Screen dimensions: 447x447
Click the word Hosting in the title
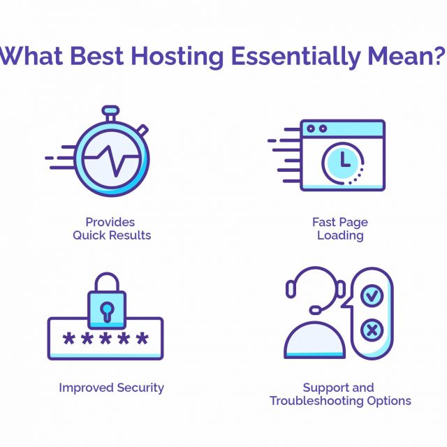177,57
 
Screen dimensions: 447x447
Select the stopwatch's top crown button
110,110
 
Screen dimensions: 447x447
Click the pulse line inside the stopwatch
112,159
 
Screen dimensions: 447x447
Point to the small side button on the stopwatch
142,130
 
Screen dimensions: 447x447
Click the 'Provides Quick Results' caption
112,228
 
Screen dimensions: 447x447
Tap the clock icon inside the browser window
343,163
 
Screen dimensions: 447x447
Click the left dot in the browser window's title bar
311,129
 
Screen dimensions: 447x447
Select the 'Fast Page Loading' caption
340,228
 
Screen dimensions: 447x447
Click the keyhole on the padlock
107,312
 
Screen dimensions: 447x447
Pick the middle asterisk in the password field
105,338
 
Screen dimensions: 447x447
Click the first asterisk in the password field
69,338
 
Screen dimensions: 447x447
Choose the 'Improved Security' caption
112,388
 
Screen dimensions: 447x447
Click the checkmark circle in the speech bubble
372,295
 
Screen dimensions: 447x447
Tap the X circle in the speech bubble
372,330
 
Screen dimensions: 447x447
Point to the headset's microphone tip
315,309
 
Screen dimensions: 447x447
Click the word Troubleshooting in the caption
316,401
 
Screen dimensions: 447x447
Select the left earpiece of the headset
291,289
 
